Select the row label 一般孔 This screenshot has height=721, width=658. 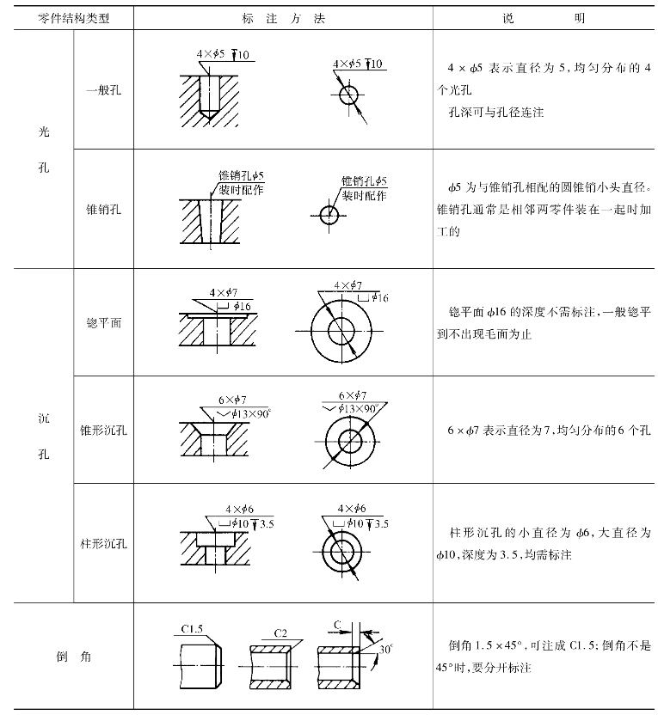103,90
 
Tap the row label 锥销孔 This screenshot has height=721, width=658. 103,209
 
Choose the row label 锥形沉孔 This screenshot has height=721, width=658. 103,432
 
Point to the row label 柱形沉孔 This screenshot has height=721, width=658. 103,545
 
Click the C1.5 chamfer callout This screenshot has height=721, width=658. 192,629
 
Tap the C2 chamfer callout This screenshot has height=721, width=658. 280,632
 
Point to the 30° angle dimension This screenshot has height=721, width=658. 385,650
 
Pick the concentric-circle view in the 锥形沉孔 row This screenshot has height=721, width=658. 350,442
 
